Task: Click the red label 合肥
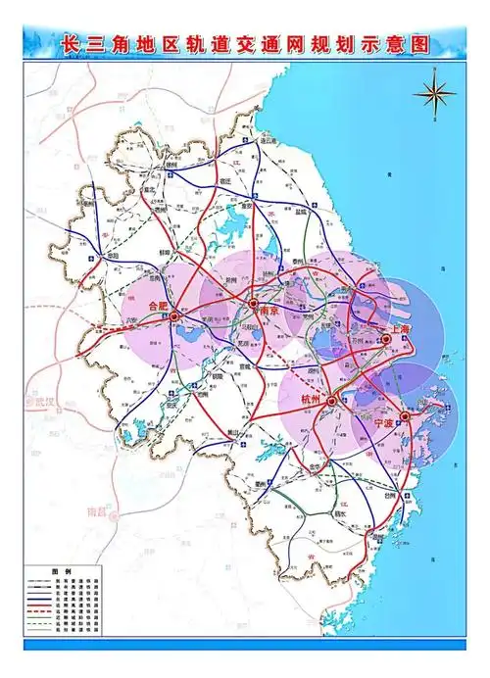tap(158, 306)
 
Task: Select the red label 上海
tap(399, 330)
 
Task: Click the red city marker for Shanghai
tap(386, 339)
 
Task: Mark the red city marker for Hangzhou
tap(331, 400)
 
